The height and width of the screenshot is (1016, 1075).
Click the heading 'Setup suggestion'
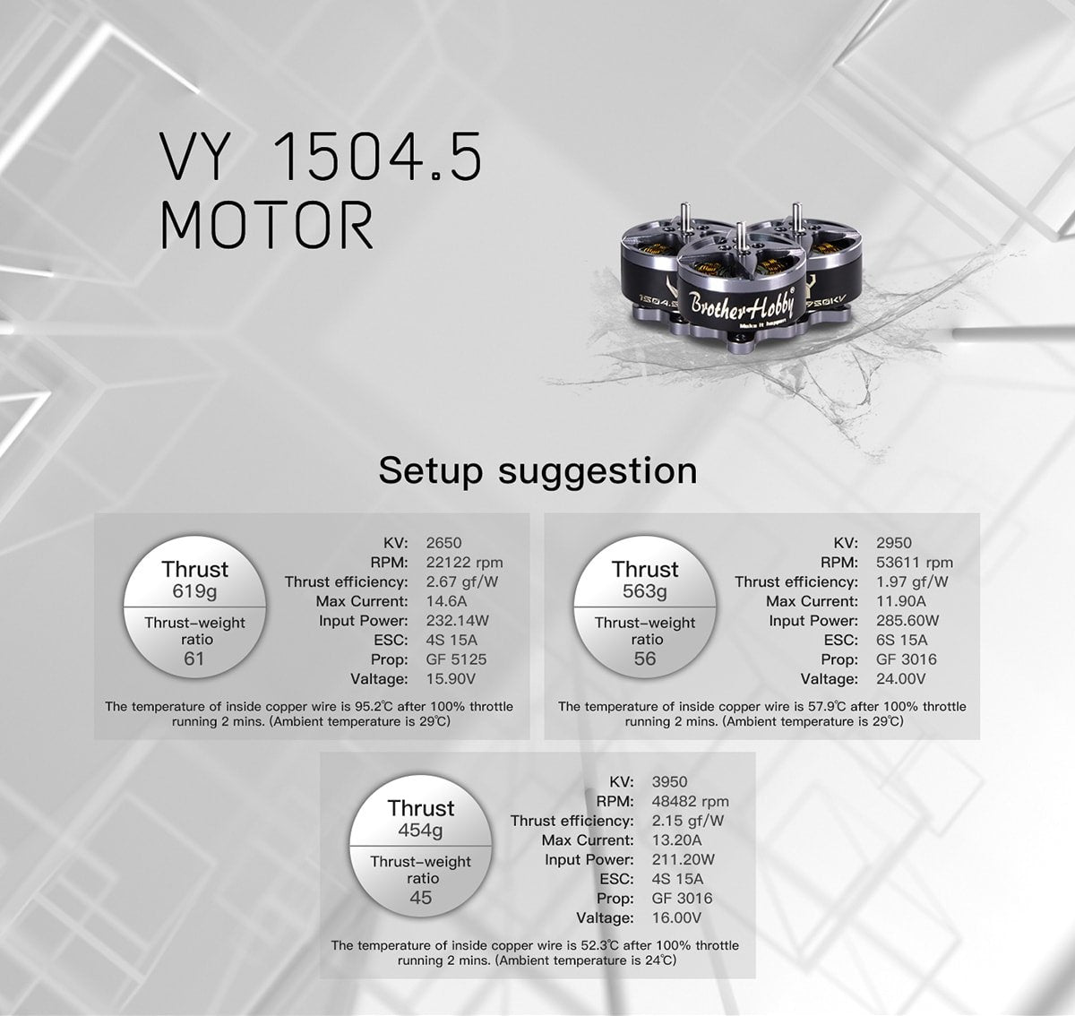(x=537, y=470)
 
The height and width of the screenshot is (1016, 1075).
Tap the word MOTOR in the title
(x=266, y=226)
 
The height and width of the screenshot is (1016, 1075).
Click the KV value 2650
(x=444, y=543)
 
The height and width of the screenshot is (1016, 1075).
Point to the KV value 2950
(x=894, y=543)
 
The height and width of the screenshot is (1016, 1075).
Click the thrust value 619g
(x=194, y=591)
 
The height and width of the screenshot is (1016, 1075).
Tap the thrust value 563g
(x=645, y=591)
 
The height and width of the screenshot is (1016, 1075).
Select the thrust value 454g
(x=420, y=831)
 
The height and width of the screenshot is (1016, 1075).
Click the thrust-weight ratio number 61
(x=194, y=659)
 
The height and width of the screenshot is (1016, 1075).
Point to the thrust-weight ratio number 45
(x=420, y=897)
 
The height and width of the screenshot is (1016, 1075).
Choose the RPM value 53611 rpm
(x=915, y=563)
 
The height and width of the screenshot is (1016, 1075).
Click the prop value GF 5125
(x=457, y=659)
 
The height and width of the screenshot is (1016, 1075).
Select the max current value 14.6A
(x=447, y=601)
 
